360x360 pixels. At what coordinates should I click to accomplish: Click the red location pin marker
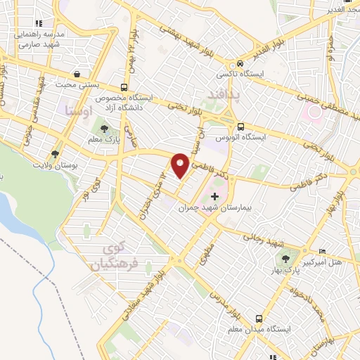point(180,165)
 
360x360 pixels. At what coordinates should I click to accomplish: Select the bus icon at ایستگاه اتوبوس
point(241,127)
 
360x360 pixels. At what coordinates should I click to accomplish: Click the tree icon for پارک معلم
point(105,129)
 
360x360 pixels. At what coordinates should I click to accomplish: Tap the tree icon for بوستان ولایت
point(56,153)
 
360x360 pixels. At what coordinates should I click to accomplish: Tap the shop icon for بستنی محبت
point(76,74)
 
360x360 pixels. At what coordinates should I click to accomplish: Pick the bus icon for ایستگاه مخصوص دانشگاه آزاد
point(124,87)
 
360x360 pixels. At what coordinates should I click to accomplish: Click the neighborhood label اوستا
point(77,110)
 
